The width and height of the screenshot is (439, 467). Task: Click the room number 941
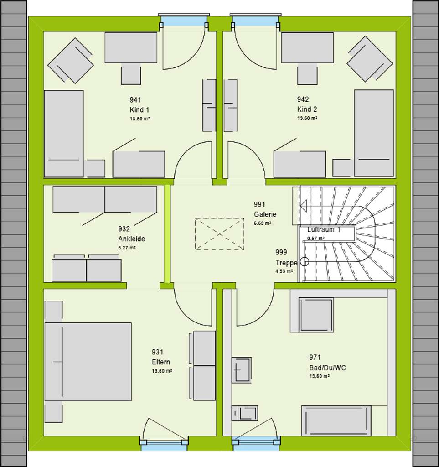(x=135, y=100)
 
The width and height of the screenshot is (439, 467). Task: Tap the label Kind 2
(x=307, y=109)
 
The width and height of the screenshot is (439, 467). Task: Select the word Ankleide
(x=131, y=239)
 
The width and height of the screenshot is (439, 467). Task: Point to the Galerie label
(x=265, y=214)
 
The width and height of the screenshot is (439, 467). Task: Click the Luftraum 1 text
(x=324, y=230)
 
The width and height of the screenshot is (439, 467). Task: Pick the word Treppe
(x=286, y=263)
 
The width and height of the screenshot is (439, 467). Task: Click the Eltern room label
(x=161, y=362)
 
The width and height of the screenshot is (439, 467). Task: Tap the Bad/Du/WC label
(x=327, y=368)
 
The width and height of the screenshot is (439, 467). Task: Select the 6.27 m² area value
(x=127, y=248)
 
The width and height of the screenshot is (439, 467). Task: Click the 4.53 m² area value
(x=284, y=271)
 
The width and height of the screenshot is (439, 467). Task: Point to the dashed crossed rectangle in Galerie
(x=220, y=234)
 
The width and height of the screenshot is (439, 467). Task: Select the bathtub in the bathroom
(x=336, y=420)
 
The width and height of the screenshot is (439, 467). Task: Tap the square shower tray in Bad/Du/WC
(x=316, y=315)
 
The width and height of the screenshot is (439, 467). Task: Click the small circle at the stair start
(x=305, y=262)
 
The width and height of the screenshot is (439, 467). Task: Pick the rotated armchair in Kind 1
(x=71, y=61)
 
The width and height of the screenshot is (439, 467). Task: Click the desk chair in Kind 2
(x=307, y=75)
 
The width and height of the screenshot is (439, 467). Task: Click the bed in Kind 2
(x=373, y=133)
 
